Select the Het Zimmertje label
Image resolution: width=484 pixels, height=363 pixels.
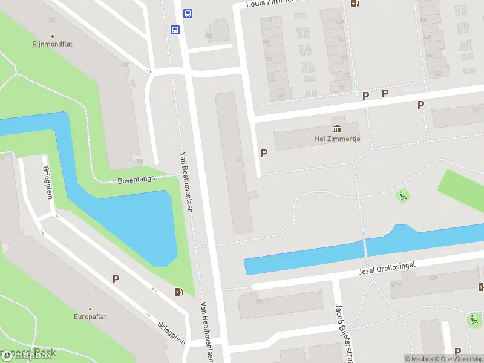tap(338, 139)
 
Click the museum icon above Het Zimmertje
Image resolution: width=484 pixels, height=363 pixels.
tap(337, 128)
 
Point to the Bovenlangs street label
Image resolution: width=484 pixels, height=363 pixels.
tap(136, 179)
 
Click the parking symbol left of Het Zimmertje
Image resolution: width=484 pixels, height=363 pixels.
tap(264, 154)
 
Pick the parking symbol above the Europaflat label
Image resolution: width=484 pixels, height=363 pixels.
tap(116, 279)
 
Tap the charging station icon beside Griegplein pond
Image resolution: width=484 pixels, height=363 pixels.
tap(178, 292)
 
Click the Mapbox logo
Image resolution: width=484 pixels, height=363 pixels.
tap(27, 356)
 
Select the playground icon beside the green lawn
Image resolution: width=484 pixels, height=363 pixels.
tap(402, 195)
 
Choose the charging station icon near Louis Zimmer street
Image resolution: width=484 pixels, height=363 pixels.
tap(355, 3)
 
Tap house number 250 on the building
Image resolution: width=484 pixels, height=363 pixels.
tap(259, 302)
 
